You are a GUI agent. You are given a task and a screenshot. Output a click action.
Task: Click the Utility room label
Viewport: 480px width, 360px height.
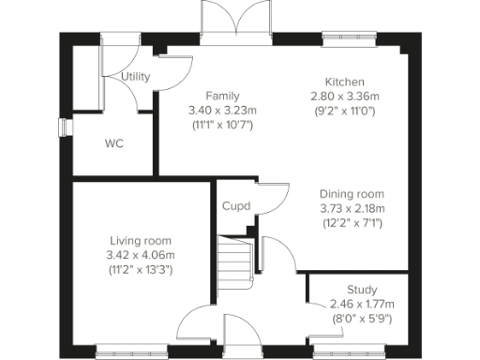[x=137, y=76]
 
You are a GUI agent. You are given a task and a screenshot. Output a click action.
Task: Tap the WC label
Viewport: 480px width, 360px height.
[x=114, y=143]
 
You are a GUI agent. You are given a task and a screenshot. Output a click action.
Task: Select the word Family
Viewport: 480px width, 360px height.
[x=222, y=96]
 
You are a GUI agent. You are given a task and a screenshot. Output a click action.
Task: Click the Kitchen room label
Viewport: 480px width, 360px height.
[x=344, y=82]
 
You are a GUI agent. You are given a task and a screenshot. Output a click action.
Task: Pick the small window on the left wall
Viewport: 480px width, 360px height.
[x=63, y=127]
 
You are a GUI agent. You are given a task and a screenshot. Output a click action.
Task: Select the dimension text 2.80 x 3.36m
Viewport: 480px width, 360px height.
[x=344, y=96]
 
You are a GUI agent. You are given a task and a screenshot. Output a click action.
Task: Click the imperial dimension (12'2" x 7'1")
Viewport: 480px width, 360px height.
[x=352, y=223]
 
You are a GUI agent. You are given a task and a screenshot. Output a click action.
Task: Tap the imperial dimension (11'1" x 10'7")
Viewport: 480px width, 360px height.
[x=222, y=124]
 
